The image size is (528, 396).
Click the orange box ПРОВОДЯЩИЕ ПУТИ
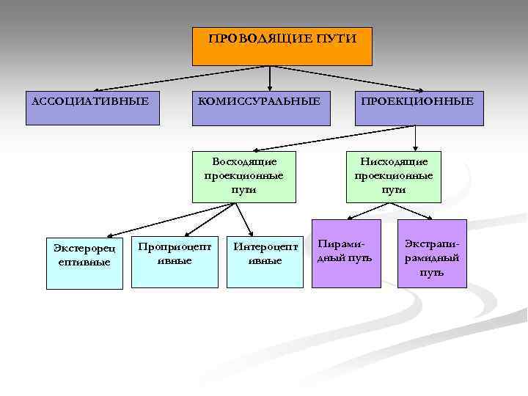click(x=282, y=47)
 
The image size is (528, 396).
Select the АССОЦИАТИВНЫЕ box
click(x=91, y=108)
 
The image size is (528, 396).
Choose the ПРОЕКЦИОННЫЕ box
click(x=421, y=108)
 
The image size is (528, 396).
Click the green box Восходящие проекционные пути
click(x=244, y=176)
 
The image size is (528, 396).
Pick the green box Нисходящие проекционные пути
click(x=394, y=176)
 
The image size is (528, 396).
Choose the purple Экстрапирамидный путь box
click(x=431, y=253)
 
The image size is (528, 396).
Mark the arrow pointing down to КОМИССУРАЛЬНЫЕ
click(x=271, y=78)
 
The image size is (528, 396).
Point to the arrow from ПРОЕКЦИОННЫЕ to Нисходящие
click(x=416, y=138)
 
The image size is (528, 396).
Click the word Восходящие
click(x=244, y=161)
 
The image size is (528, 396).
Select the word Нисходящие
click(x=394, y=161)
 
